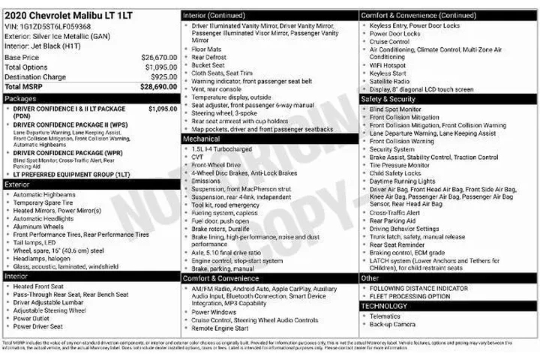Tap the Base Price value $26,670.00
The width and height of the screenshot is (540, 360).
point(159,57)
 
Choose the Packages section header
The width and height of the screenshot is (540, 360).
point(21,98)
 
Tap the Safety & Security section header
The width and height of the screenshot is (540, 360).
point(388,98)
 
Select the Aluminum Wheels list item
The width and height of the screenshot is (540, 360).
point(38,226)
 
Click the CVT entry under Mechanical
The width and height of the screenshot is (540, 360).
point(198,157)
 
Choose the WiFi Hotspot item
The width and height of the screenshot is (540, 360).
point(389,65)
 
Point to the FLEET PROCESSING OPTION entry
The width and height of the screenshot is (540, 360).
point(410,296)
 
